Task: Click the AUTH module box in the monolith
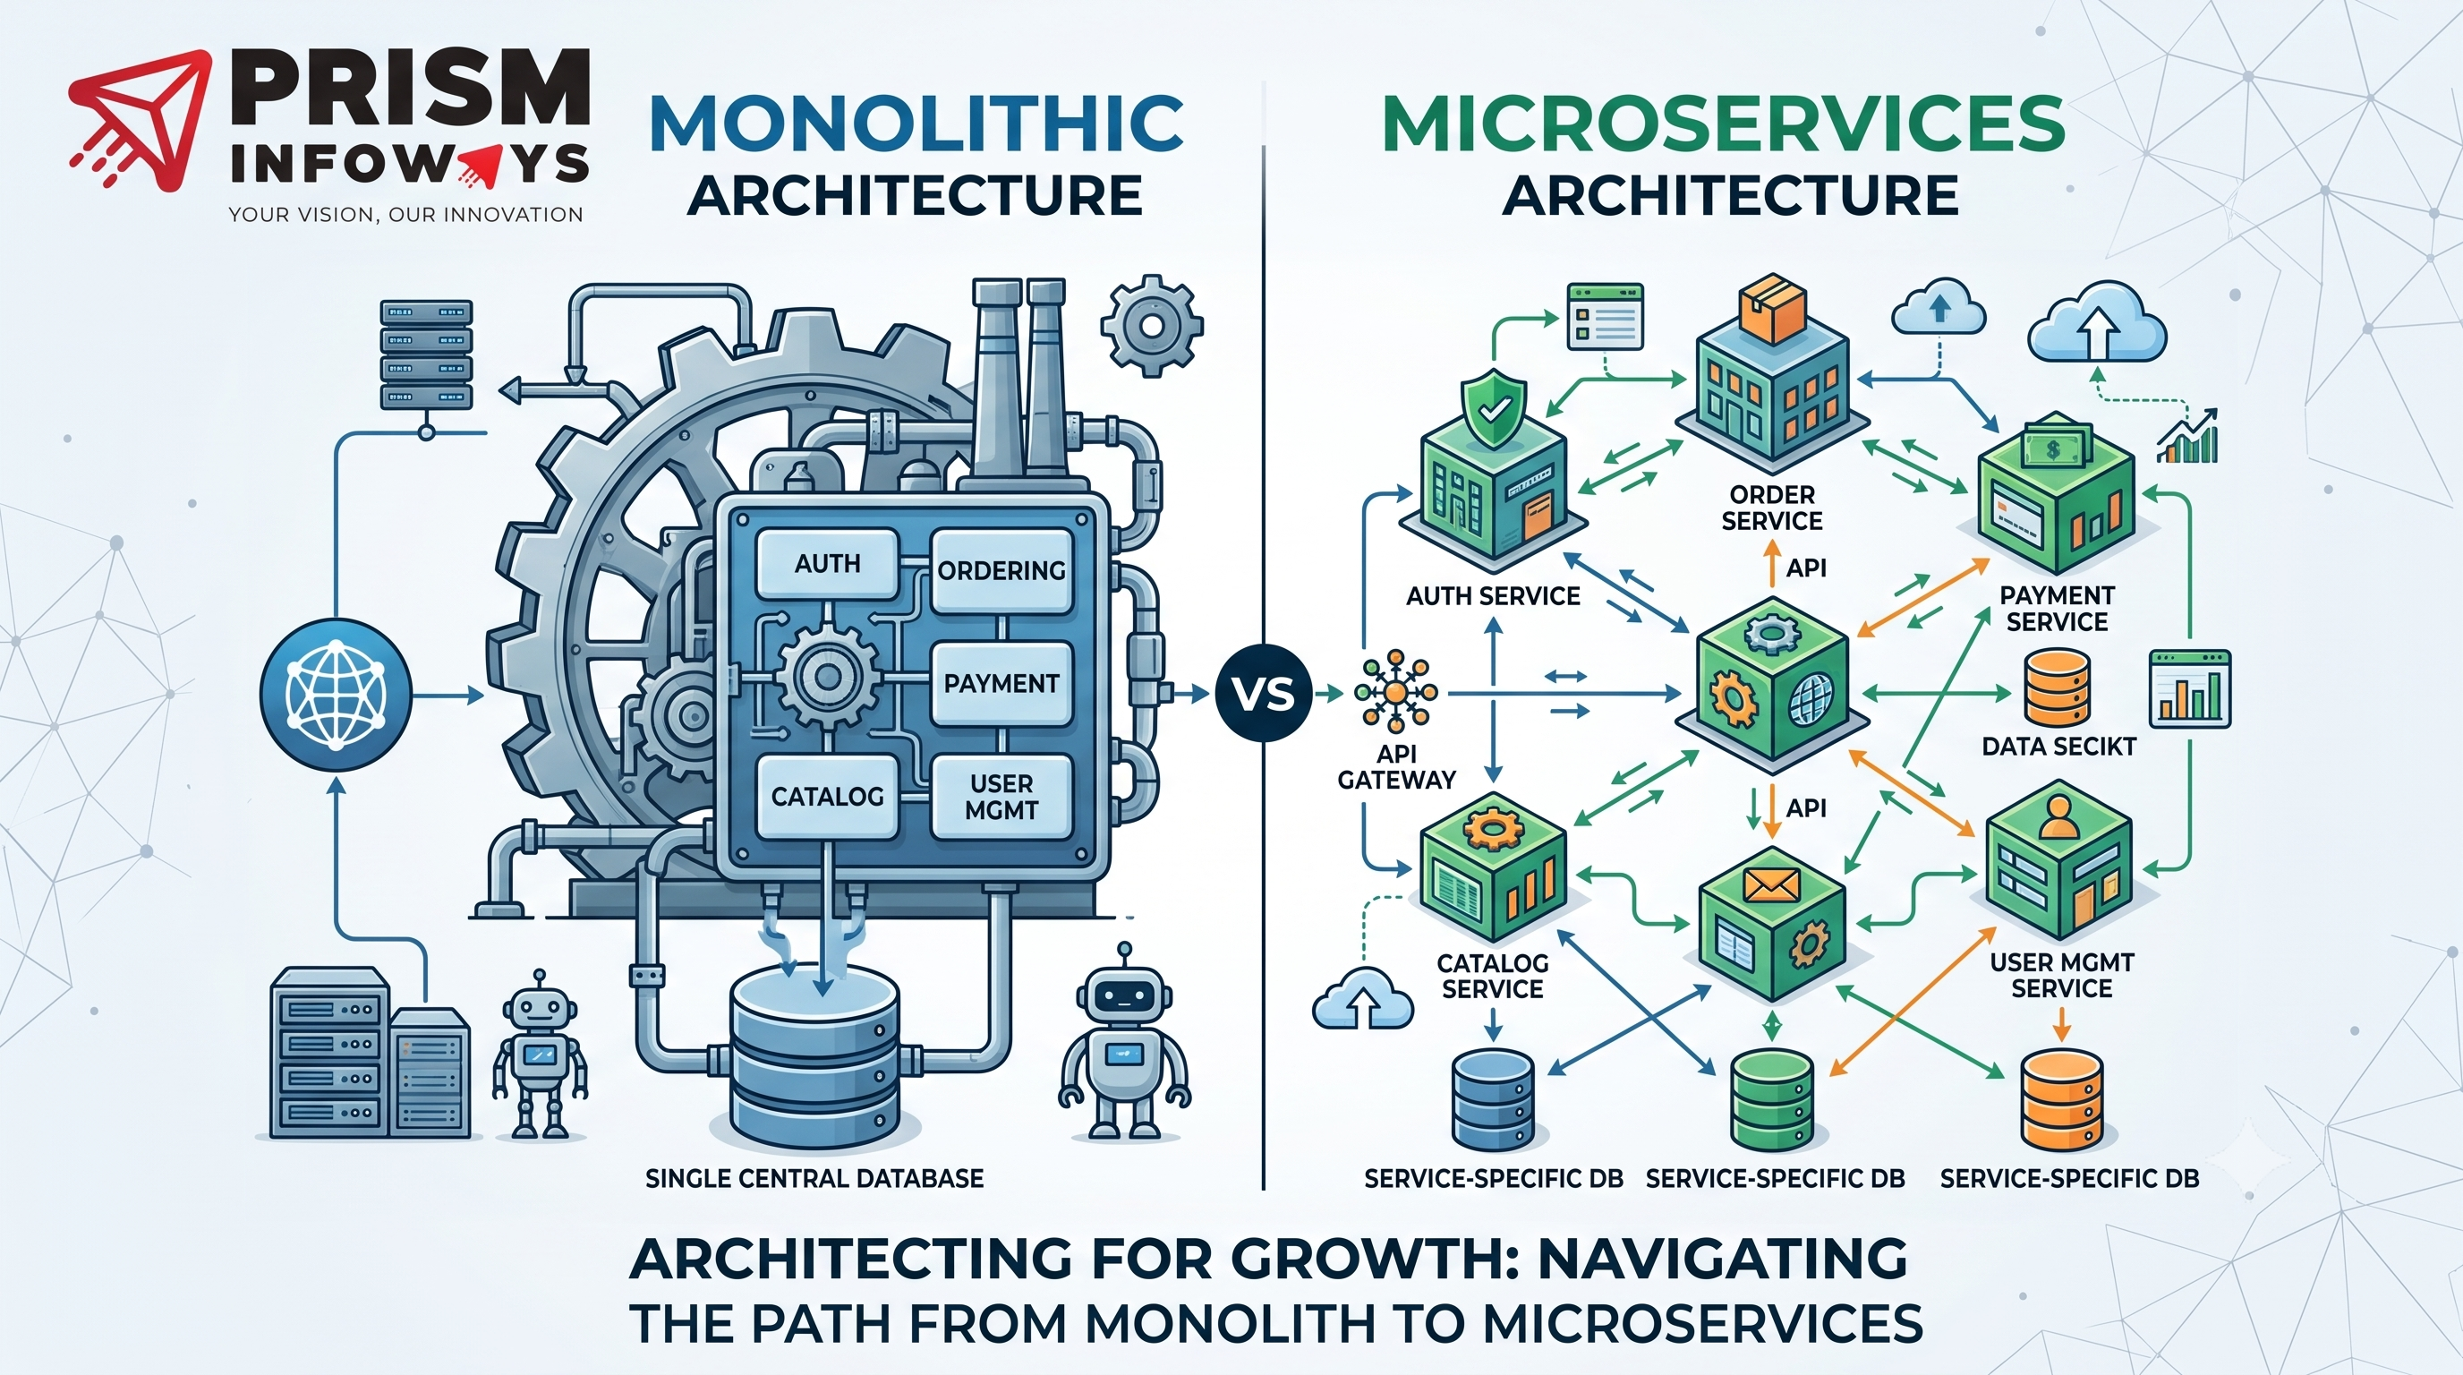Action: (x=827, y=563)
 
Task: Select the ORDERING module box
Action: (x=1001, y=571)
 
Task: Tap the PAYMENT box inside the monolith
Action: (x=1001, y=683)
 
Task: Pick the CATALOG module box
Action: (x=827, y=796)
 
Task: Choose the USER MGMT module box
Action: (x=1001, y=797)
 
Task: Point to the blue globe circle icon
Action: (x=336, y=692)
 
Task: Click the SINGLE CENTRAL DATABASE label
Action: (x=814, y=1178)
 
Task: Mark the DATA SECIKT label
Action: (x=2058, y=746)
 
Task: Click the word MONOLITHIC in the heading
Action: (x=915, y=123)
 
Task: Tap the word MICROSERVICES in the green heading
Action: (x=1723, y=123)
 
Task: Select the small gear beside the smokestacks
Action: (x=1151, y=327)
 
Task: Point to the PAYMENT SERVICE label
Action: (x=2058, y=609)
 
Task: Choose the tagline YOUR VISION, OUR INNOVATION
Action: (x=405, y=215)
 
